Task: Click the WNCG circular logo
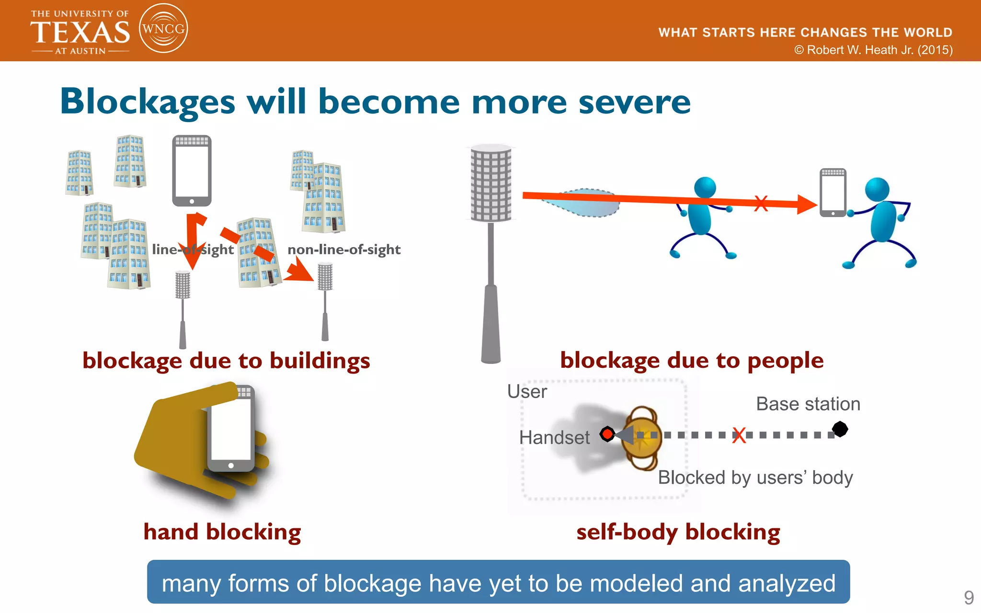(x=163, y=28)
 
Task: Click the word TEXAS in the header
(x=80, y=33)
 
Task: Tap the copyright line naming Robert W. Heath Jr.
(x=873, y=50)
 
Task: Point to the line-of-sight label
(x=193, y=250)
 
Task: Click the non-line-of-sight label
(x=344, y=250)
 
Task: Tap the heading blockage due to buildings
(x=226, y=361)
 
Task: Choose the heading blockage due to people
(x=692, y=360)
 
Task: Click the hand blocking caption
(x=222, y=532)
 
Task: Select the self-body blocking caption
(x=678, y=532)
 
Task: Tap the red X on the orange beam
(x=761, y=203)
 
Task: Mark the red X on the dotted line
(x=739, y=435)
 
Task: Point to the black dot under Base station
(x=840, y=429)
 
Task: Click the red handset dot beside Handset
(x=607, y=434)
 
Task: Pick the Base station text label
(x=808, y=404)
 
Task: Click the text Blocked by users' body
(x=755, y=477)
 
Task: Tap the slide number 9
(x=969, y=597)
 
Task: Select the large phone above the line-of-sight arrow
(x=192, y=170)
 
